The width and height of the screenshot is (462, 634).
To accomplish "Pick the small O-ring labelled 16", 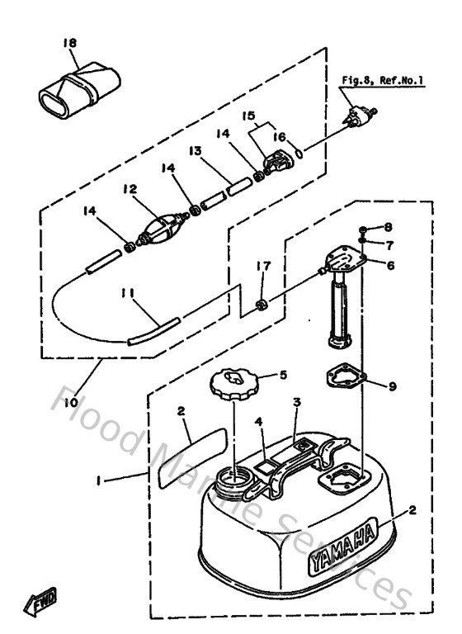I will [301, 154].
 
